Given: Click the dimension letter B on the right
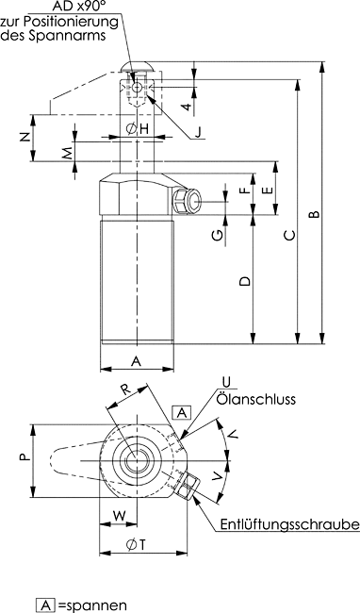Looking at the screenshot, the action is (x=315, y=214).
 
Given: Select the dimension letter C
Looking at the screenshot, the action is (x=289, y=236).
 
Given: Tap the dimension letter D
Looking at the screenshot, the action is (x=245, y=281).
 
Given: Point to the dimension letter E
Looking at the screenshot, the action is (x=268, y=191).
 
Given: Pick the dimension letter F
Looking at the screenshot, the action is (x=244, y=191).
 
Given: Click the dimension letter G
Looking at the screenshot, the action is (x=219, y=235).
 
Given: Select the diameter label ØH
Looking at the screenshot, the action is (x=138, y=128).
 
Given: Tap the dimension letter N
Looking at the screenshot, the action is (x=25, y=137).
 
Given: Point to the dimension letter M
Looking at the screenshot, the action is (x=68, y=153).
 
